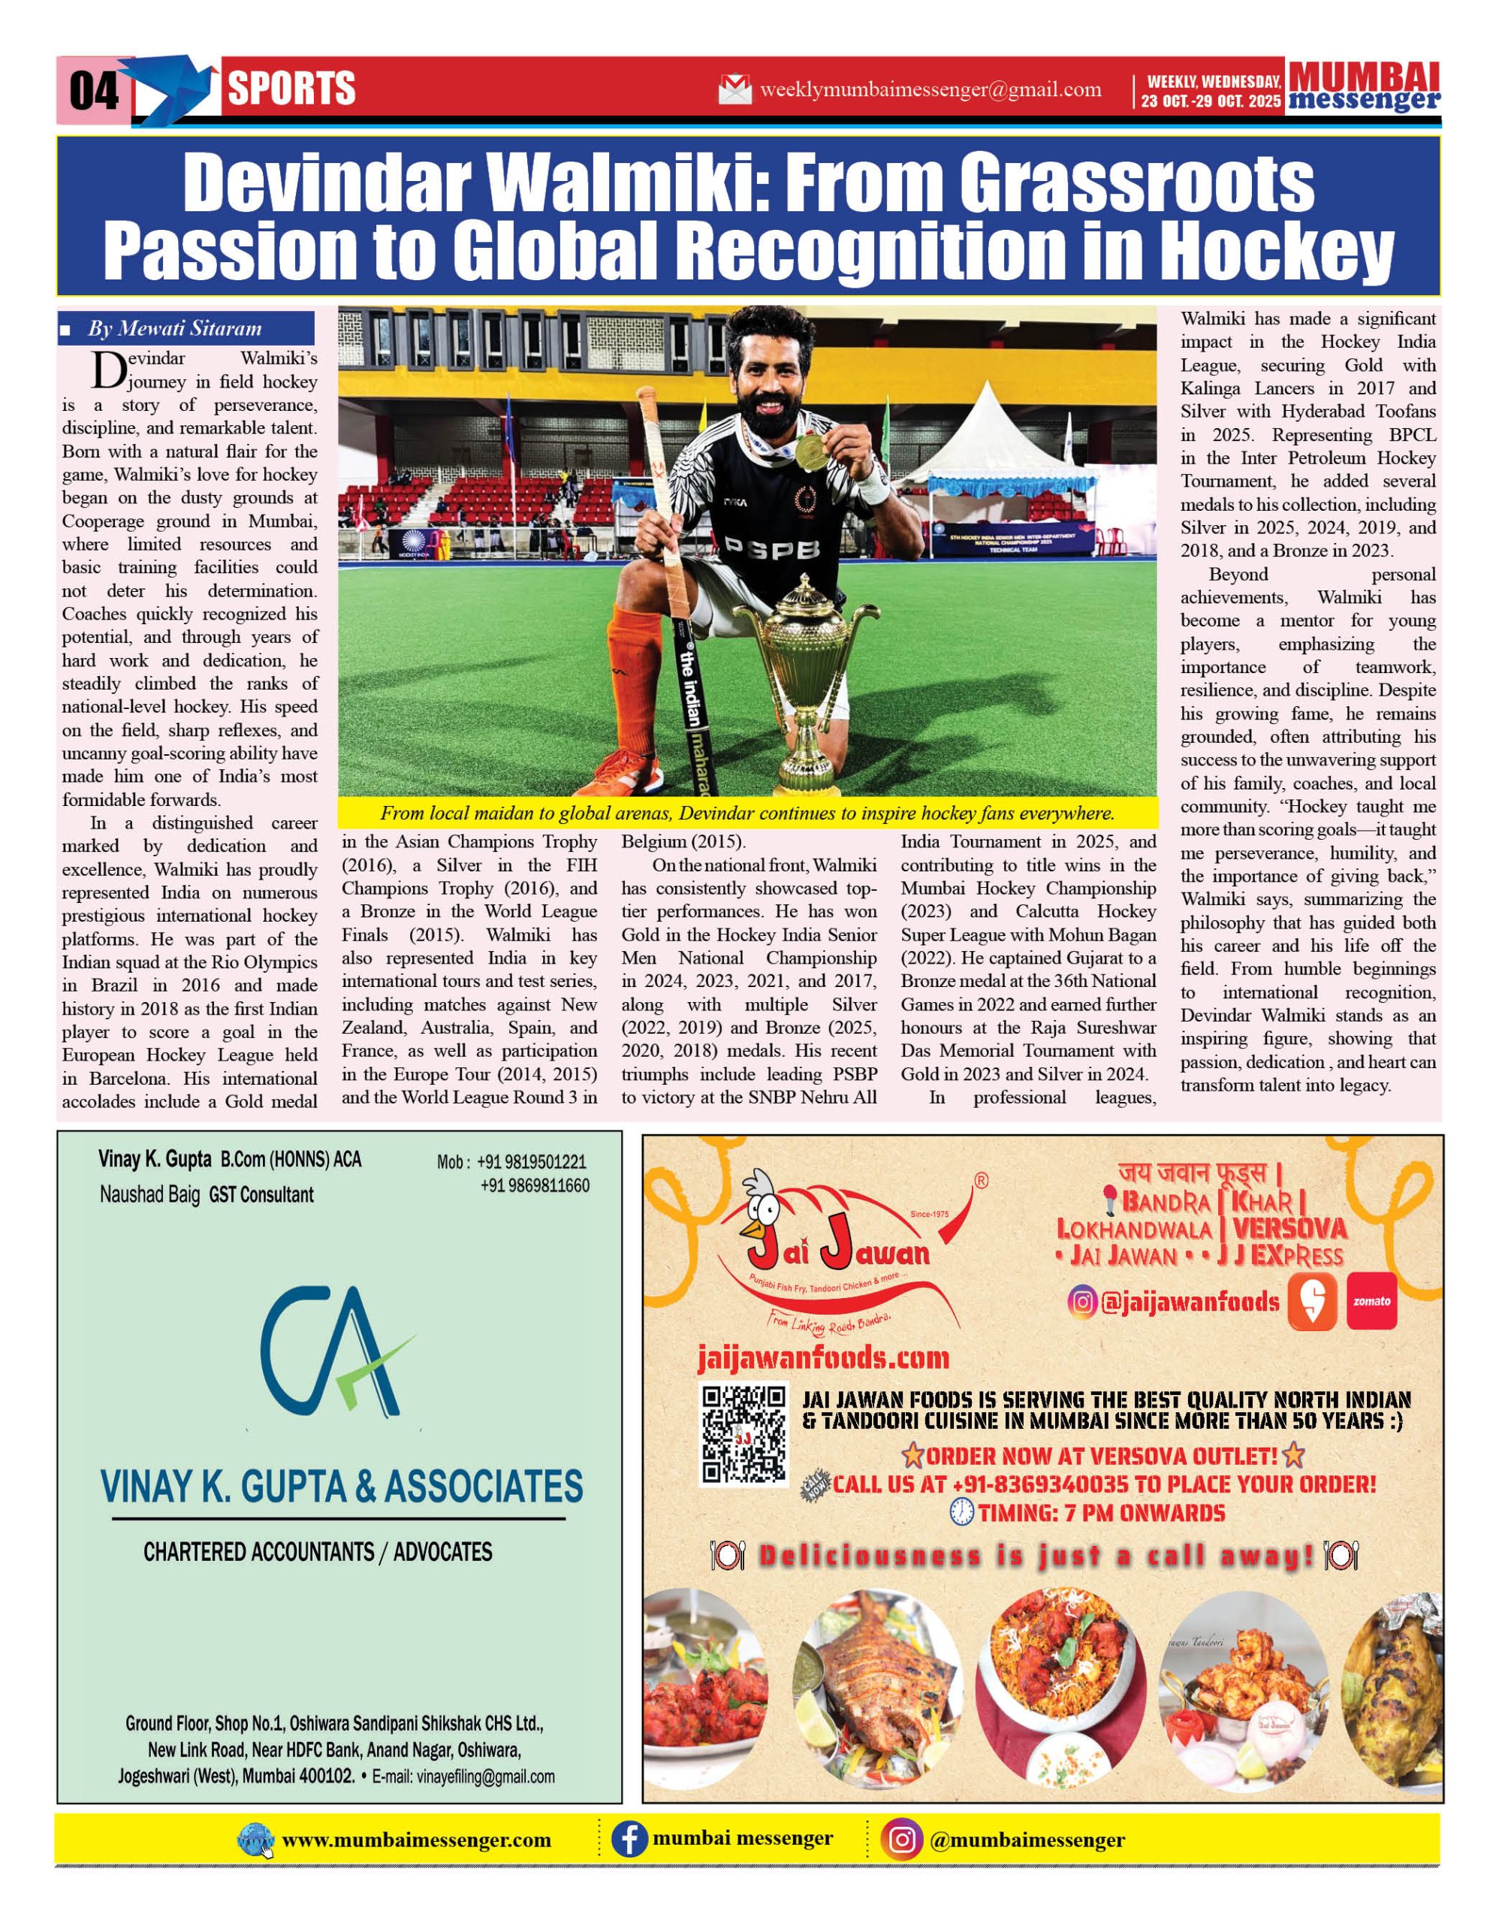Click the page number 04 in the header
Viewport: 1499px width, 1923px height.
pos(93,90)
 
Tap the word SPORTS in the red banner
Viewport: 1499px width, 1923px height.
pos(291,89)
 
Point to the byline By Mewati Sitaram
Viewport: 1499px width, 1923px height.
pos(174,329)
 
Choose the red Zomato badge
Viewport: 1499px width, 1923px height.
pos(1371,1300)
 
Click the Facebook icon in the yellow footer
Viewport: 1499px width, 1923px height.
pos(629,1840)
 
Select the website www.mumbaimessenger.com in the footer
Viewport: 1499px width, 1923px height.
pos(416,1840)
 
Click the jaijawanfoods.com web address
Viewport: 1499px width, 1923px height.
pos(823,1359)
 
